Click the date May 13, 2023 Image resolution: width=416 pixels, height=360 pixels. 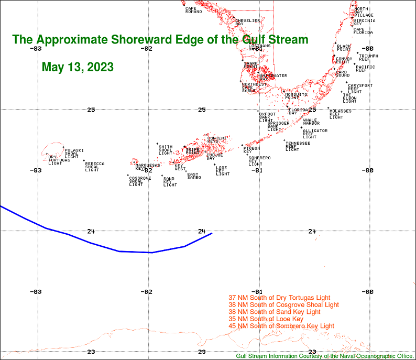[x=78, y=68]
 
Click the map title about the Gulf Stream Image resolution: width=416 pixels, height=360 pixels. [x=160, y=40]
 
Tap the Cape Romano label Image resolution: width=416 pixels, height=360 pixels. [x=193, y=10]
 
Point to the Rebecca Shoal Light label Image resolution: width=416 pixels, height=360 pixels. [x=94, y=167]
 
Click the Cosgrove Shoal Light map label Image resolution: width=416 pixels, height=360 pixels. [x=139, y=181]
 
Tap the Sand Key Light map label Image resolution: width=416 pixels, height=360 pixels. [x=170, y=182]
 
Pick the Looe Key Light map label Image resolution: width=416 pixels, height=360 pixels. [x=222, y=171]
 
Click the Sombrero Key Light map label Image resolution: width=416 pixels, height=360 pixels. [x=259, y=160]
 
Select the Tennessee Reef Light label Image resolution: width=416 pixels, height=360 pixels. [x=297, y=146]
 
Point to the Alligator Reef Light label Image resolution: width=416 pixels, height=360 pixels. [x=314, y=134]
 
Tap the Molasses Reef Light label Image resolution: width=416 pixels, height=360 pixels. [x=340, y=114]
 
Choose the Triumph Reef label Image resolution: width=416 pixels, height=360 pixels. [x=368, y=57]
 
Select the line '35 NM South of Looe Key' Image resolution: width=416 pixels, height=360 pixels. [x=266, y=319]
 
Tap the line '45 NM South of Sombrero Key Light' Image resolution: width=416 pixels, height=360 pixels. [x=281, y=326]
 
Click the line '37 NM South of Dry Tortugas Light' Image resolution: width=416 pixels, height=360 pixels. [x=279, y=298]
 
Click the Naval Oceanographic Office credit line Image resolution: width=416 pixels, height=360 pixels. [x=325, y=356]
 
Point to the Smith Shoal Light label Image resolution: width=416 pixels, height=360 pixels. [x=165, y=150]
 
